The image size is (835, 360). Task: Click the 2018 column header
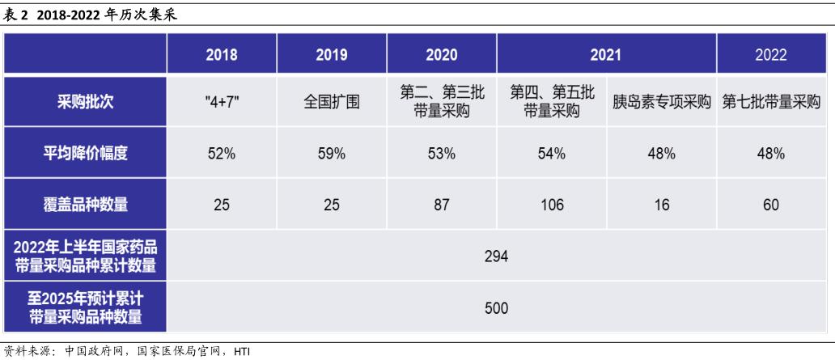[x=221, y=55]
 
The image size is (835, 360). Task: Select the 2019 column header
[x=331, y=55]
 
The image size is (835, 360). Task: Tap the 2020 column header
[x=441, y=55]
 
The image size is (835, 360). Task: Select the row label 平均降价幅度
[x=86, y=154]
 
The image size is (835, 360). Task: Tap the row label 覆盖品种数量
[x=86, y=205]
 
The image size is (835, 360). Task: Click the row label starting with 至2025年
[x=86, y=307]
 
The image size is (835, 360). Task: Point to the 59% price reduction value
[x=331, y=154]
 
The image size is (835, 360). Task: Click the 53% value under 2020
[x=441, y=154]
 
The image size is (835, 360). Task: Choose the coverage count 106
[x=551, y=205]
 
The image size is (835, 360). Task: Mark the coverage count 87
[x=441, y=205]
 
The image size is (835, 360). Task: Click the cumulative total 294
[x=496, y=256]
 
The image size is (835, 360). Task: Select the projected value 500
[x=496, y=307]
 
